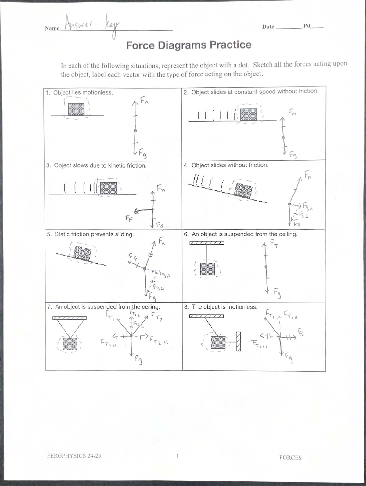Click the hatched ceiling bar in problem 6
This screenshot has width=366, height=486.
[x=207, y=243]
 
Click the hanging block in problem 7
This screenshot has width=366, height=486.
[x=70, y=344]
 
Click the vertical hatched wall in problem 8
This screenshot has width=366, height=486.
[x=239, y=341]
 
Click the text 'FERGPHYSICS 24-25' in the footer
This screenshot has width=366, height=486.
[x=74, y=456]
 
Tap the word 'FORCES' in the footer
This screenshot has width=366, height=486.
[x=290, y=458]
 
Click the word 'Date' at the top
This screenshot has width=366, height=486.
[x=268, y=27]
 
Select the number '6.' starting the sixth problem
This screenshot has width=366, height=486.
[x=187, y=234]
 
